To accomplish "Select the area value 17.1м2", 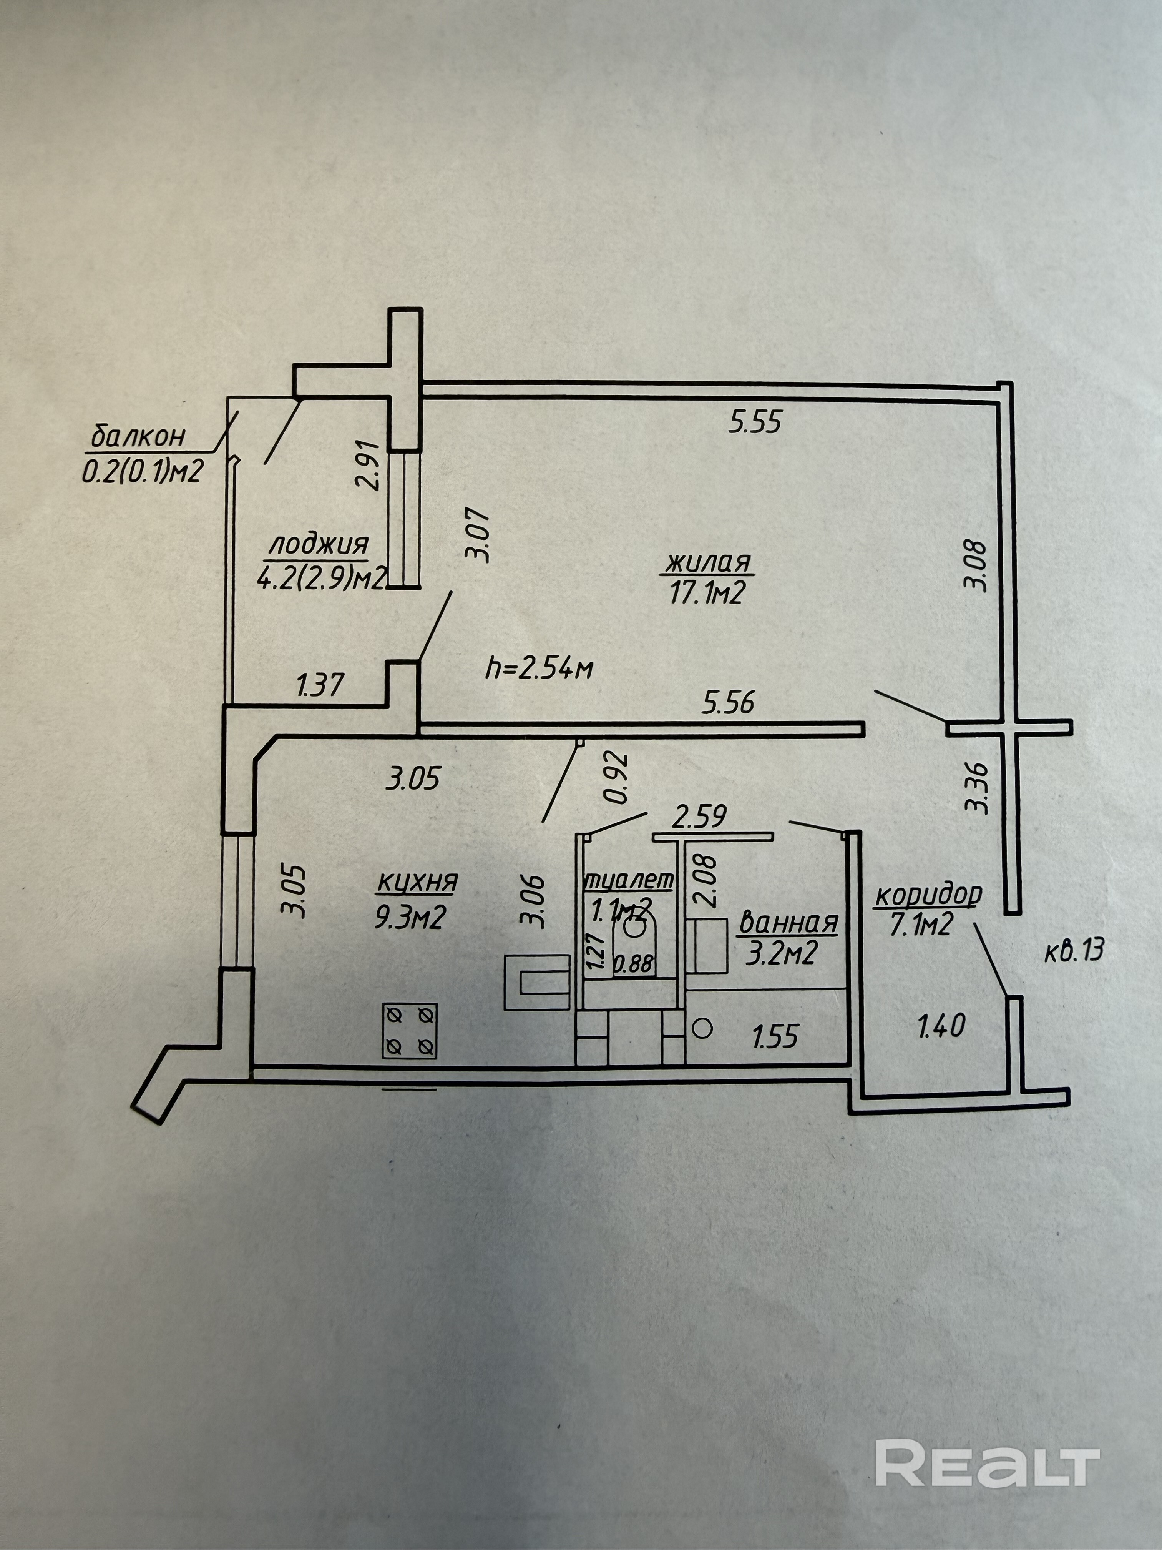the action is point(706,594).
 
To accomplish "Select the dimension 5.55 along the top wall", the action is point(755,422).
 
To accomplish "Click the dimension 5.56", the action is point(729,702).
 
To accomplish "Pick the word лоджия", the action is point(319,544).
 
